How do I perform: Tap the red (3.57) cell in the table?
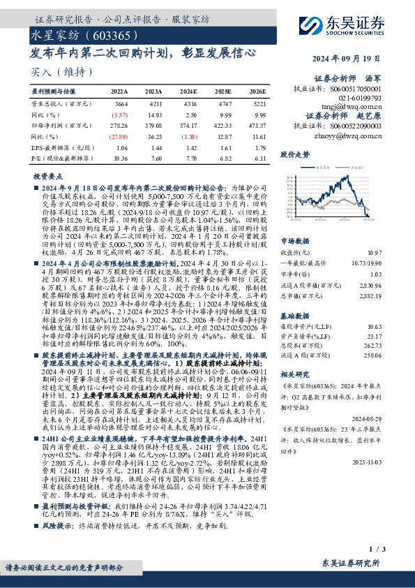click(120, 114)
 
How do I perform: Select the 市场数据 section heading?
click(294, 240)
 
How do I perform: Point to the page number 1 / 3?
click(375, 551)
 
